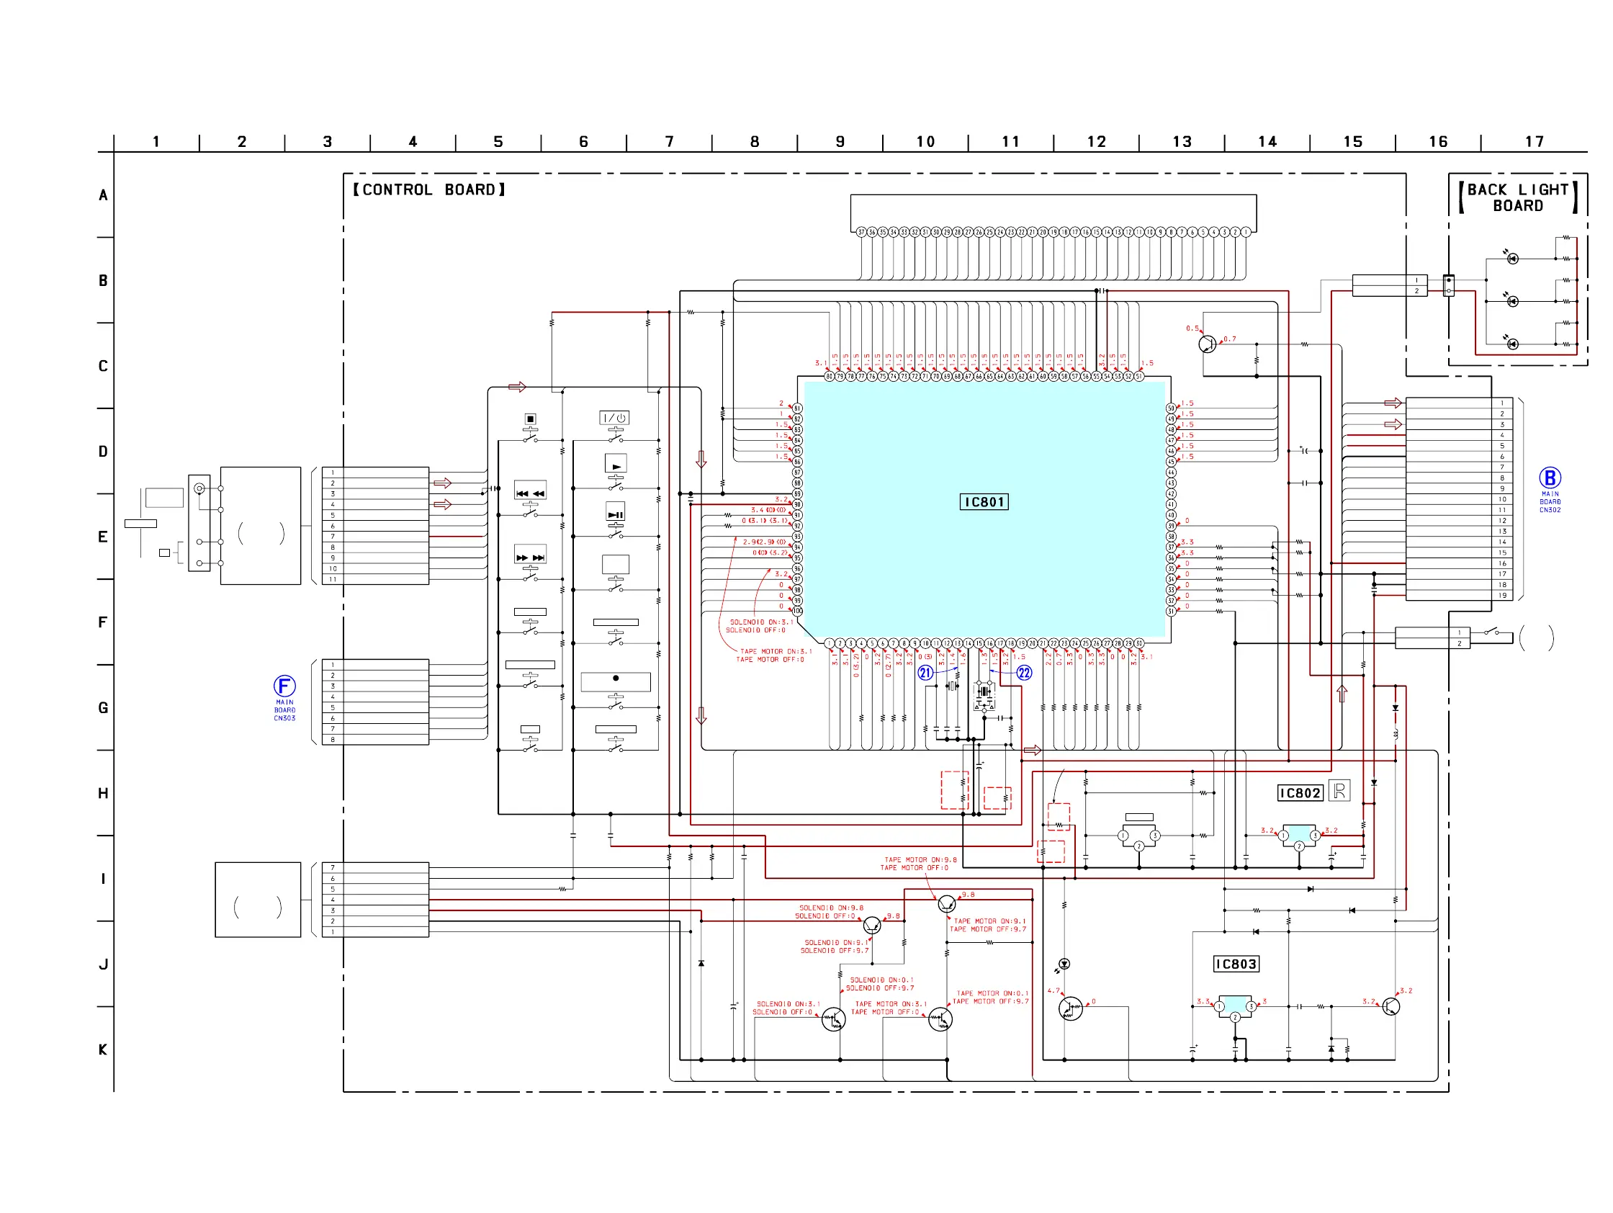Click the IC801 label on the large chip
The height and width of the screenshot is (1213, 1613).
[x=984, y=502]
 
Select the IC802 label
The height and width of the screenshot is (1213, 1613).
[x=1300, y=793]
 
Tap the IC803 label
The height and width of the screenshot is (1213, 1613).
[x=1235, y=964]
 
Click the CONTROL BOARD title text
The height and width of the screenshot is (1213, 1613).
[x=429, y=189]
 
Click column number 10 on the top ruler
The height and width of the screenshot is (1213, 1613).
[x=925, y=141]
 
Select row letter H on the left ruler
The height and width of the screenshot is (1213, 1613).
[x=103, y=793]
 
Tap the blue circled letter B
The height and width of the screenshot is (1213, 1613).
[x=1550, y=478]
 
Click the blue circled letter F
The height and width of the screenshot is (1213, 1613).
[x=284, y=686]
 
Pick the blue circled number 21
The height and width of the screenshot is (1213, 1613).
[x=925, y=673]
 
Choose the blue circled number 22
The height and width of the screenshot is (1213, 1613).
[x=1024, y=673]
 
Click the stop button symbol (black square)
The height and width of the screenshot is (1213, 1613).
[x=530, y=418]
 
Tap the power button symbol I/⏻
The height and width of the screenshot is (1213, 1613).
[x=614, y=418]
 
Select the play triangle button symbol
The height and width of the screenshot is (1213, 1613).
[x=616, y=465]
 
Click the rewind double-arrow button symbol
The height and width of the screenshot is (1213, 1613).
[x=530, y=493]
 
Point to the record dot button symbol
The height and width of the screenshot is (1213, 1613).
[x=616, y=679]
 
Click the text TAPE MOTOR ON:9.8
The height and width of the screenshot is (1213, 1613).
[x=920, y=859]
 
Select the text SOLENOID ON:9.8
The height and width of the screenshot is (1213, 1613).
[x=831, y=908]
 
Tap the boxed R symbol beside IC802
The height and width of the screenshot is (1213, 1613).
[x=1339, y=790]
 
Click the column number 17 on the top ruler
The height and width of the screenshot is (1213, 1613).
[x=1535, y=141]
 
